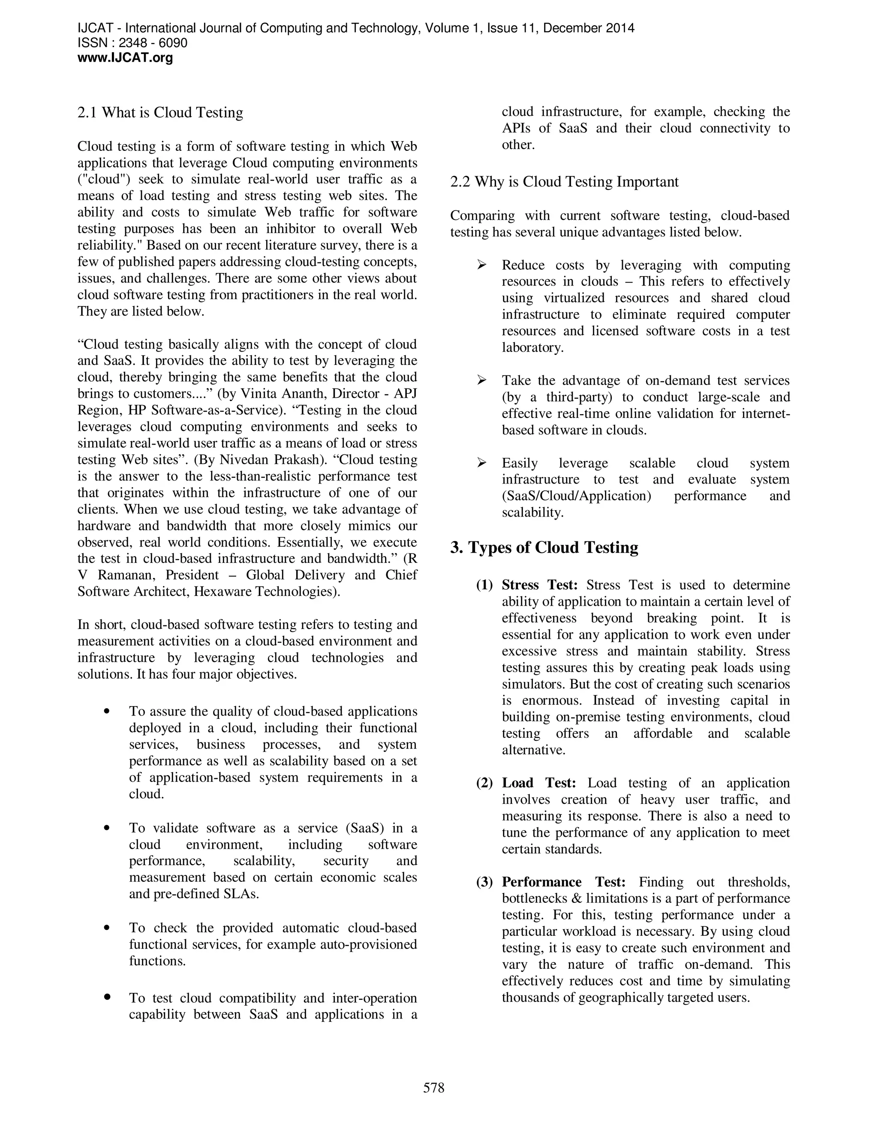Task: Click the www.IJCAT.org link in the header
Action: [x=125, y=58]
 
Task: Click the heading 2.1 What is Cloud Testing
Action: [x=160, y=113]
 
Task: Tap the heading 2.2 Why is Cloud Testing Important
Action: [x=564, y=182]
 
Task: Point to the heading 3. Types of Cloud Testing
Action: [x=544, y=548]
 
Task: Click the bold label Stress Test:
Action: [x=539, y=585]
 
